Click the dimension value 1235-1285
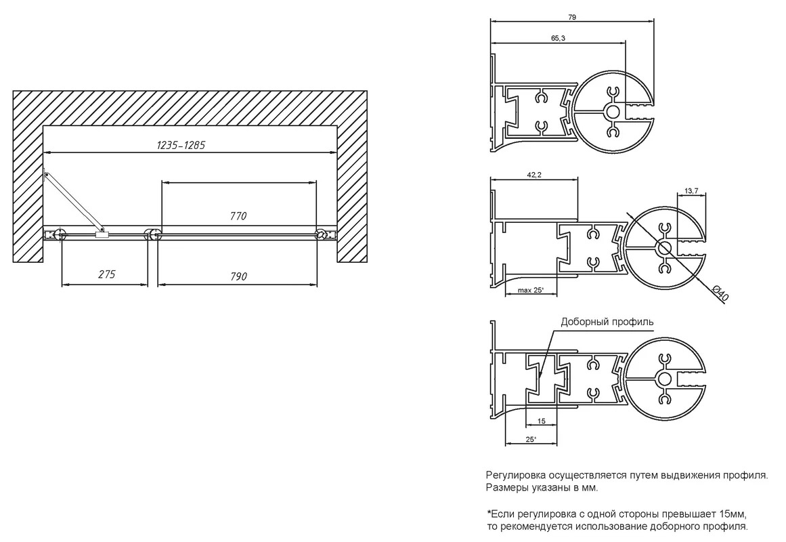coord(181,145)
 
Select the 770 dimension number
coord(238,216)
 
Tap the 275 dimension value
coord(106,274)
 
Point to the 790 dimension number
coord(238,276)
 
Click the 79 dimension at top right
coord(573,17)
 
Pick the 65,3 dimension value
coord(558,38)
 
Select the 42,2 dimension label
coord(534,175)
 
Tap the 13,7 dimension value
coord(691,190)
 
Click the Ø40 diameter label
coord(720,293)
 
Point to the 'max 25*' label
coord(531,290)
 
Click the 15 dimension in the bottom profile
coord(542,421)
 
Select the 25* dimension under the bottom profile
coord(530,440)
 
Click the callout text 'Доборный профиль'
coord(607,322)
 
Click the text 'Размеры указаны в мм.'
coord(542,488)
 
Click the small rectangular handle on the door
coord(102,234)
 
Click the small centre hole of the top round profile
coord(613,111)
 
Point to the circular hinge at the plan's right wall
coord(320,234)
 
